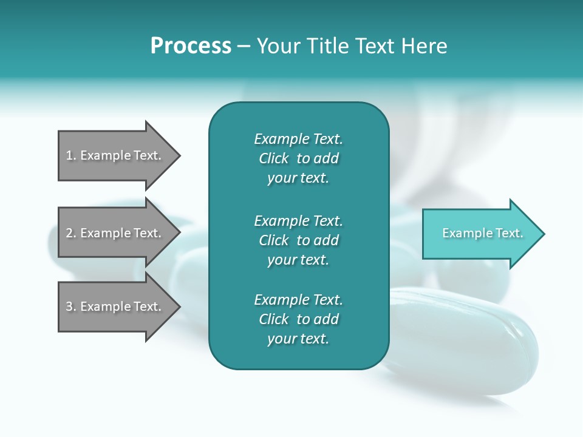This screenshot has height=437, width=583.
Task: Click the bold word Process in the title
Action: click(191, 46)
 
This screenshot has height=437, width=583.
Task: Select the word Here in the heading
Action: click(424, 46)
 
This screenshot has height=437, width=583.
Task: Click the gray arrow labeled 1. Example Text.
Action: click(114, 155)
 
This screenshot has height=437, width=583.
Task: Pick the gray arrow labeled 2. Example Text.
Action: click(114, 233)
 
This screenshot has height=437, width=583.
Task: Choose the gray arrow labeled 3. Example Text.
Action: click(114, 307)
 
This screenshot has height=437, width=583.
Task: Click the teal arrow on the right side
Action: click(480, 234)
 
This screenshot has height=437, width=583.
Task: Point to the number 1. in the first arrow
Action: click(71, 155)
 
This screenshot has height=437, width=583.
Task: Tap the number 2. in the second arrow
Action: click(71, 233)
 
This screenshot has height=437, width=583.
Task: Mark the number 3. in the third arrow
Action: click(71, 307)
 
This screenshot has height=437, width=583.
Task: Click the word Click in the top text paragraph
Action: click(274, 158)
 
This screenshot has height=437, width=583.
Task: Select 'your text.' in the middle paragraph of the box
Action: click(298, 260)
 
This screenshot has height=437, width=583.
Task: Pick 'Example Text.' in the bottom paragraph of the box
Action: click(298, 300)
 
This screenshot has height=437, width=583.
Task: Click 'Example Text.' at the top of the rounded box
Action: click(298, 139)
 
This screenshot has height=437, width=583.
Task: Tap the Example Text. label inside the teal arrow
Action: click(482, 233)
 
